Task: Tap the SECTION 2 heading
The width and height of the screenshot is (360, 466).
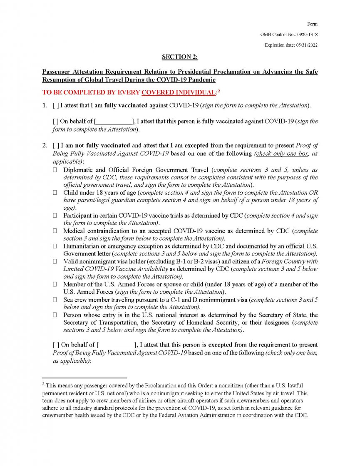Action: [180, 57]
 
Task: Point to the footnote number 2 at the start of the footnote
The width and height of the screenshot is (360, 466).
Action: [44, 385]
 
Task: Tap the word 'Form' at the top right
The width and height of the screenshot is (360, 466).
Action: [313, 24]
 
